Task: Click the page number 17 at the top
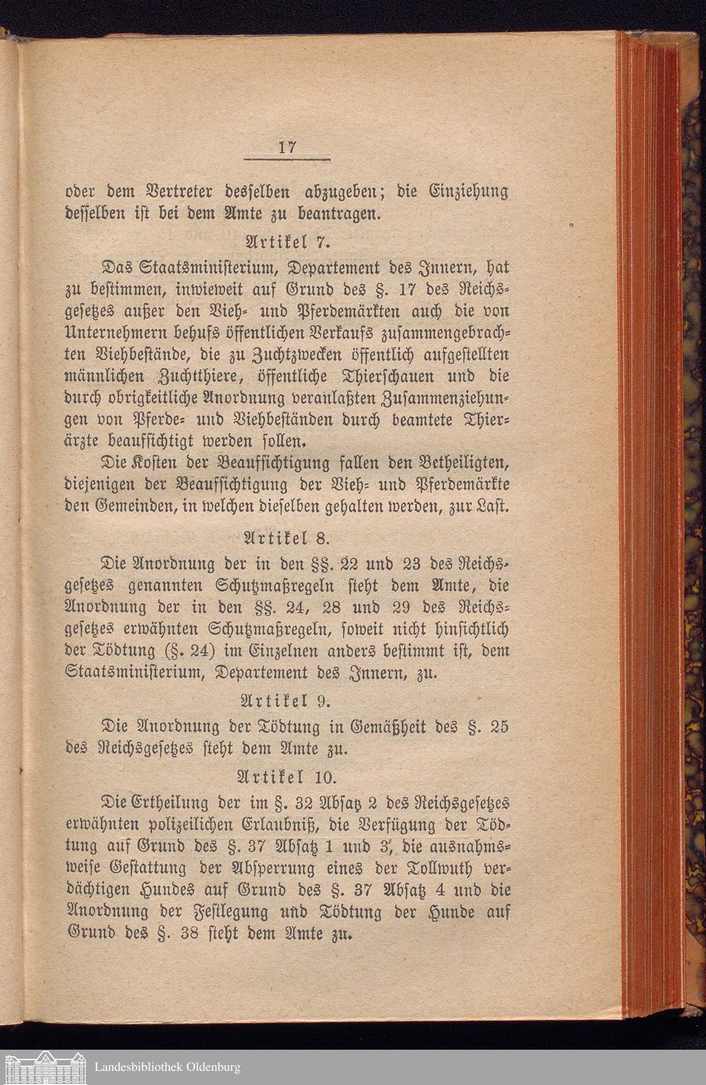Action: pyautogui.click(x=287, y=148)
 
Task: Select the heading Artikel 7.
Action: pyautogui.click(x=287, y=242)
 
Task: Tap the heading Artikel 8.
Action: pyautogui.click(x=287, y=539)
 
